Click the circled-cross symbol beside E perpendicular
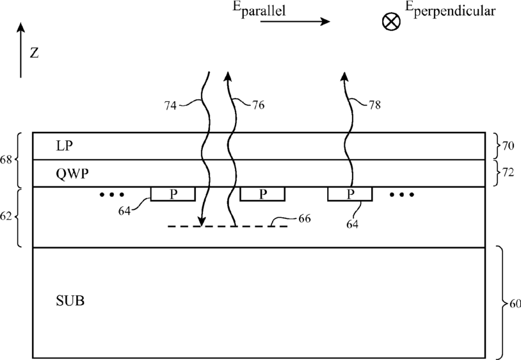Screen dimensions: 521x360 pos(391,22)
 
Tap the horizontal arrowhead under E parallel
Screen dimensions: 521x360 pos(325,22)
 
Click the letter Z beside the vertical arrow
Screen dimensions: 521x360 pos(34,53)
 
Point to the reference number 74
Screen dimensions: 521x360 pos(170,106)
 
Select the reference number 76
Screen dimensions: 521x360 pos(258,105)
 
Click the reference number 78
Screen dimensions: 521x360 pos(374,105)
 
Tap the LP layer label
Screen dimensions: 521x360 pos(64,146)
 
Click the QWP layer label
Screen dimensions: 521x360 pos(72,174)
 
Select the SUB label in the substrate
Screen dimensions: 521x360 pos(70,300)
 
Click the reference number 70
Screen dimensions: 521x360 pos(508,145)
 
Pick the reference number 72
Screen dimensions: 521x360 pos(508,172)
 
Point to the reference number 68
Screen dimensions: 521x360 pos(6,160)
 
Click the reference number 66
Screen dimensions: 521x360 pos(305,218)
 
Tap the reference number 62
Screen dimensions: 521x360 pos(6,217)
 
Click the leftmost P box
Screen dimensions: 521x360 pos(173,194)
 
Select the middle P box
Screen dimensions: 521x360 pos(262,194)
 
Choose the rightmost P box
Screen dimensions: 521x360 pos(350,194)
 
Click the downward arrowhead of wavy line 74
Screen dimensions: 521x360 pos(201,222)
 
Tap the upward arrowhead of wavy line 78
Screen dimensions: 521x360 pos(344,77)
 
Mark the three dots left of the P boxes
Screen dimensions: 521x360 pos(112,195)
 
